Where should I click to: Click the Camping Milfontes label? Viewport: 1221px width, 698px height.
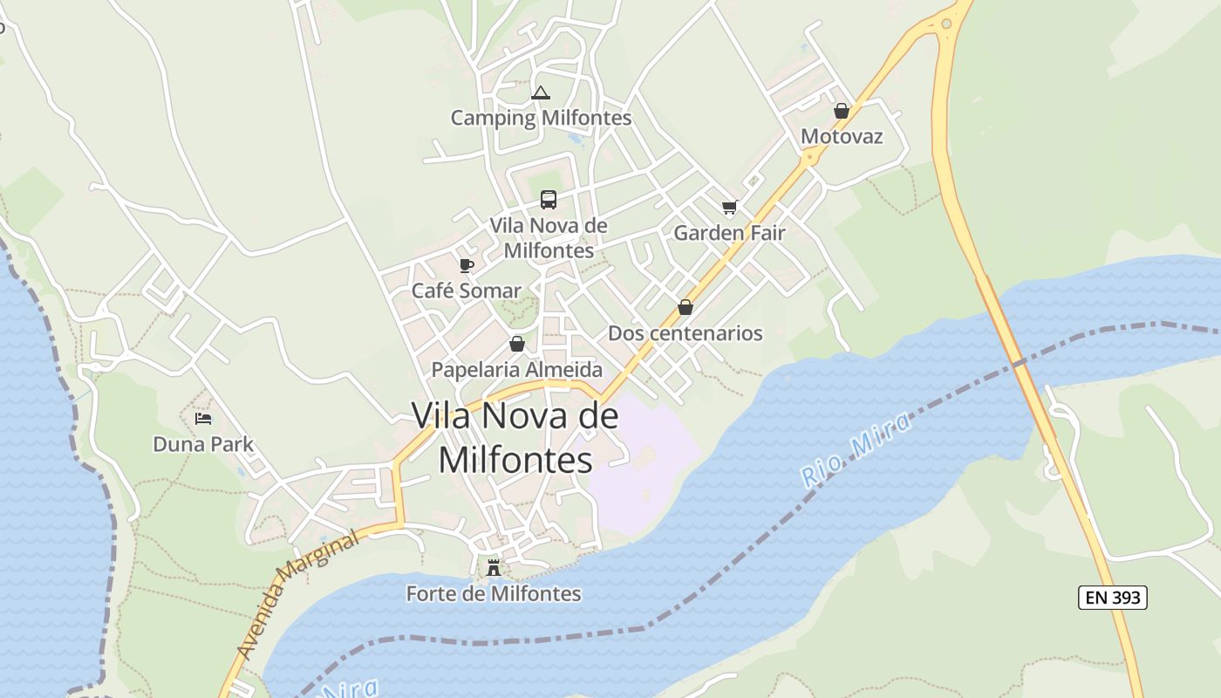tap(541, 117)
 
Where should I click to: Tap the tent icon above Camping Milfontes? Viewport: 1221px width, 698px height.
tap(541, 92)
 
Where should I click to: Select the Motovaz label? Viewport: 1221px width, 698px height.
tap(842, 136)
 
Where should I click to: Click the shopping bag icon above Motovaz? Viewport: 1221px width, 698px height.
tap(842, 111)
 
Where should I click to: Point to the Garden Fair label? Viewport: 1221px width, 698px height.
tap(729, 233)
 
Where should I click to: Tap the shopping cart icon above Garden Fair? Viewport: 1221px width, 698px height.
tap(729, 208)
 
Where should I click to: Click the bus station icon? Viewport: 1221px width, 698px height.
tap(548, 200)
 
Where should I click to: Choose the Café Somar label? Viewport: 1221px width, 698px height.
tap(466, 291)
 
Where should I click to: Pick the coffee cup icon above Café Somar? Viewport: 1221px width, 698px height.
tap(467, 265)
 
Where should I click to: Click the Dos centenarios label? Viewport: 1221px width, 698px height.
tap(685, 332)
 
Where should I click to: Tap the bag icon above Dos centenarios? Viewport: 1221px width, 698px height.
tap(686, 307)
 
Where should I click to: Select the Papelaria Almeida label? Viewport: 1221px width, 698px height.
tap(517, 369)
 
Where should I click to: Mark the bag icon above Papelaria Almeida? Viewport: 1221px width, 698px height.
tap(517, 344)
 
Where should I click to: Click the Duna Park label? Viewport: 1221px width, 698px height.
tap(203, 444)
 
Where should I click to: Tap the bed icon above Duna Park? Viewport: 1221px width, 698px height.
tap(203, 419)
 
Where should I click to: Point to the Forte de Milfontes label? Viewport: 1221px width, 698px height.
tap(494, 593)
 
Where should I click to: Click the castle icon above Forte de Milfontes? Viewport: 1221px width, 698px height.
tap(494, 568)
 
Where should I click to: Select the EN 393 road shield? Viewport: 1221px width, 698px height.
tap(1112, 598)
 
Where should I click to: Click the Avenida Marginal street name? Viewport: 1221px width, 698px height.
tap(297, 597)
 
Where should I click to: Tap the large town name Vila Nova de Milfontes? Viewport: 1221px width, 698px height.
tap(515, 437)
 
